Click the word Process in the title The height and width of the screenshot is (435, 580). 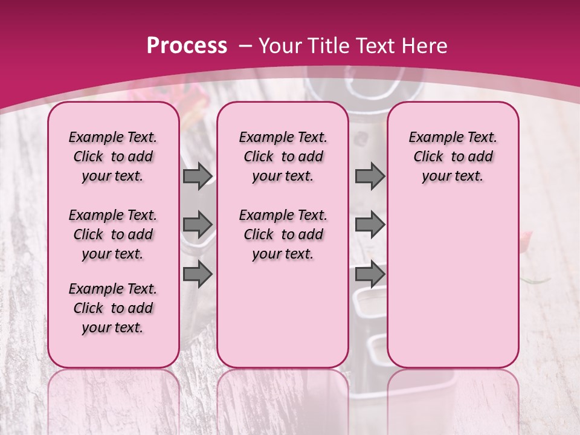point(187,46)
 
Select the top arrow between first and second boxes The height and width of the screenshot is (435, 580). point(198,176)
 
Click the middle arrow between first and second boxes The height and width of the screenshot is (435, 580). point(198,225)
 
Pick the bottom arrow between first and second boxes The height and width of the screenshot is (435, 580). point(198,274)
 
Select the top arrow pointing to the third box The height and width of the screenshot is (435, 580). point(369,176)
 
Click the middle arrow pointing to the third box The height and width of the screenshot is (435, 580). point(369,225)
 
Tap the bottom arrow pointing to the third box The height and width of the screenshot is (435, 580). point(369,274)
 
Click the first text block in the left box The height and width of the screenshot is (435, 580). point(113,156)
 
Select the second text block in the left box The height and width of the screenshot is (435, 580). point(113,234)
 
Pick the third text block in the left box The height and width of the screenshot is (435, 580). point(113,308)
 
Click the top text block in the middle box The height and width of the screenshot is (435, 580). point(283,156)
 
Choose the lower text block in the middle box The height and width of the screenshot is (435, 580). point(283,234)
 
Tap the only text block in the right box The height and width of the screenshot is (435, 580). point(453,156)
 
